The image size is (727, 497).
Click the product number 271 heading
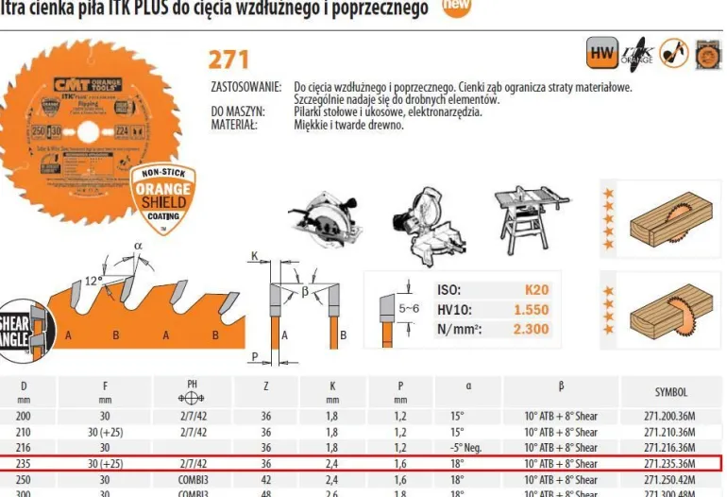tap(228, 59)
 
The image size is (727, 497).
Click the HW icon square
tap(600, 54)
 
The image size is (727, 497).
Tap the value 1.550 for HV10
tap(531, 310)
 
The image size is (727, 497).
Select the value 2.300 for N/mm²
tap(531, 330)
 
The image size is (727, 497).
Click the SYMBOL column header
tap(670, 391)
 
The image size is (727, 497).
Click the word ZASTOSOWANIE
tap(245, 87)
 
